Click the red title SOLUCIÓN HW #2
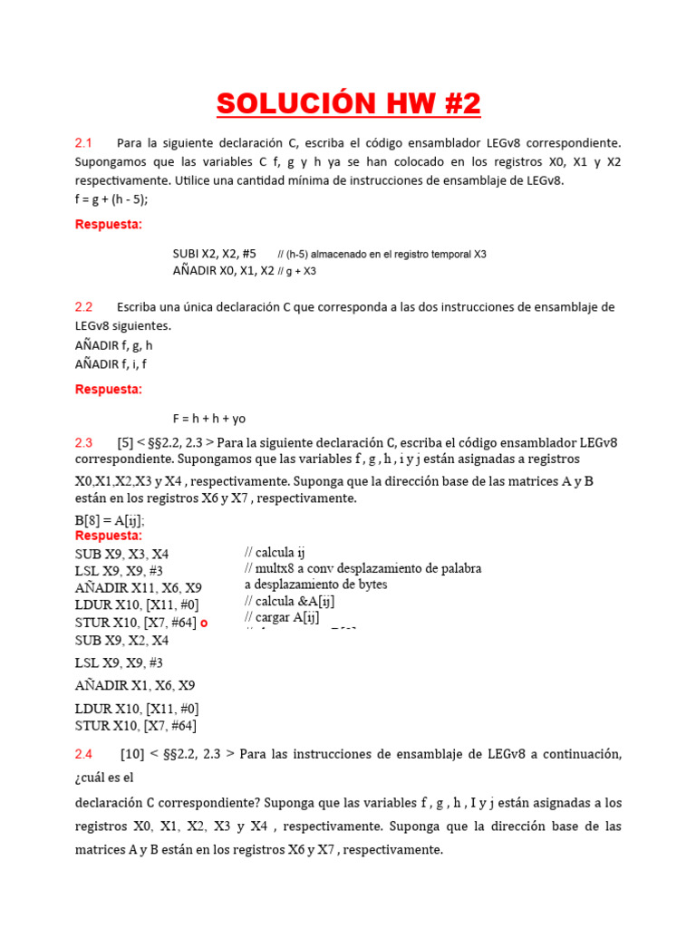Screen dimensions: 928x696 pyautogui.click(x=348, y=104)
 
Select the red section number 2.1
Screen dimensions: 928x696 pyautogui.click(x=84, y=143)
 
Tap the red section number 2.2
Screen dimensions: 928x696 pyautogui.click(x=84, y=307)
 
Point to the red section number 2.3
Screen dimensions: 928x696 pyautogui.click(x=84, y=443)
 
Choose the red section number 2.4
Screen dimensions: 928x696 pyautogui.click(x=84, y=754)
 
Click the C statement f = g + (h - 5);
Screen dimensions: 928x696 pyautogui.click(x=111, y=199)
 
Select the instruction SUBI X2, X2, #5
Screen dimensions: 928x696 pyautogui.click(x=215, y=254)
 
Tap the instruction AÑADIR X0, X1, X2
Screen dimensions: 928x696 pyautogui.click(x=223, y=270)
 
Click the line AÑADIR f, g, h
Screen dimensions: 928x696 pyautogui.click(x=114, y=345)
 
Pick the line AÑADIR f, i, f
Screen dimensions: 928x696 pyautogui.click(x=111, y=363)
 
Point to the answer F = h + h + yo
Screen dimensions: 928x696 pyautogui.click(x=209, y=419)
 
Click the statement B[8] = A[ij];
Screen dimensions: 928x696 pyautogui.click(x=110, y=521)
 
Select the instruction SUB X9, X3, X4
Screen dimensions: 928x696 pyautogui.click(x=121, y=554)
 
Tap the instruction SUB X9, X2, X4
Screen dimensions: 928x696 pyautogui.click(x=121, y=640)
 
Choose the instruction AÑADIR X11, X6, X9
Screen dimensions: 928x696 pyautogui.click(x=139, y=588)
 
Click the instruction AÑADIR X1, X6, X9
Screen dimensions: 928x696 pyautogui.click(x=135, y=685)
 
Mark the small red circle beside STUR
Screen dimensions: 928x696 pyautogui.click(x=204, y=623)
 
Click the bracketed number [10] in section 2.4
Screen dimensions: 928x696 pyautogui.click(x=132, y=754)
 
